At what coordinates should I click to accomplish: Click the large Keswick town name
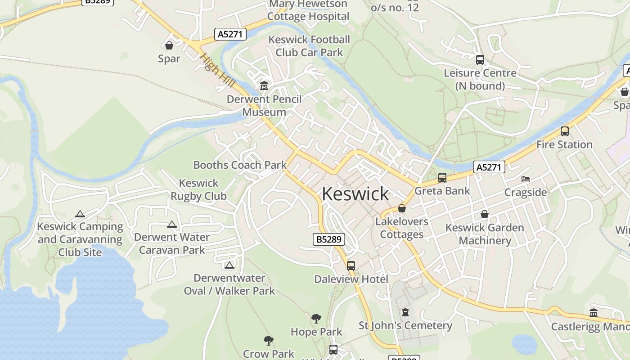[355, 193]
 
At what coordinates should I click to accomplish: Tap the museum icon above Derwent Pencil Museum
[264, 85]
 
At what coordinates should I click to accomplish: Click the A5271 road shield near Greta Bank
[489, 167]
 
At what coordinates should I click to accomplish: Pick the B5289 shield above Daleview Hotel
[328, 239]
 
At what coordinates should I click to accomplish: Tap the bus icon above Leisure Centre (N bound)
[480, 60]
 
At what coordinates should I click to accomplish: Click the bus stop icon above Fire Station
[564, 131]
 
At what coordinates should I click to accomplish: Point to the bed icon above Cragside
[525, 179]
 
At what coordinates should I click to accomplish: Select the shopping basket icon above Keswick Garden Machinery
[485, 214]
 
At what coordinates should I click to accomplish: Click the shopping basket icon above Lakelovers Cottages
[402, 208]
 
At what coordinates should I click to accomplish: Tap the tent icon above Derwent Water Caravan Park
[172, 224]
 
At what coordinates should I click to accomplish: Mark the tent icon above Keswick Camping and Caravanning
[80, 214]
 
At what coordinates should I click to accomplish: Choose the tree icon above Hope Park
[316, 319]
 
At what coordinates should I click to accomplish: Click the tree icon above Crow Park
[269, 340]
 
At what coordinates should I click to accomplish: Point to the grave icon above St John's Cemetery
[405, 312]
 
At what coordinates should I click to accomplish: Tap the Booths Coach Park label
[240, 165]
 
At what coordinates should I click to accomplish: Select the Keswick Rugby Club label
[198, 189]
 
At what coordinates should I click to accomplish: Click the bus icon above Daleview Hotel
[351, 265]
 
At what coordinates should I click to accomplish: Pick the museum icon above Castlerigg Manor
[594, 313]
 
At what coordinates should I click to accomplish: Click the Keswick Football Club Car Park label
[309, 46]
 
